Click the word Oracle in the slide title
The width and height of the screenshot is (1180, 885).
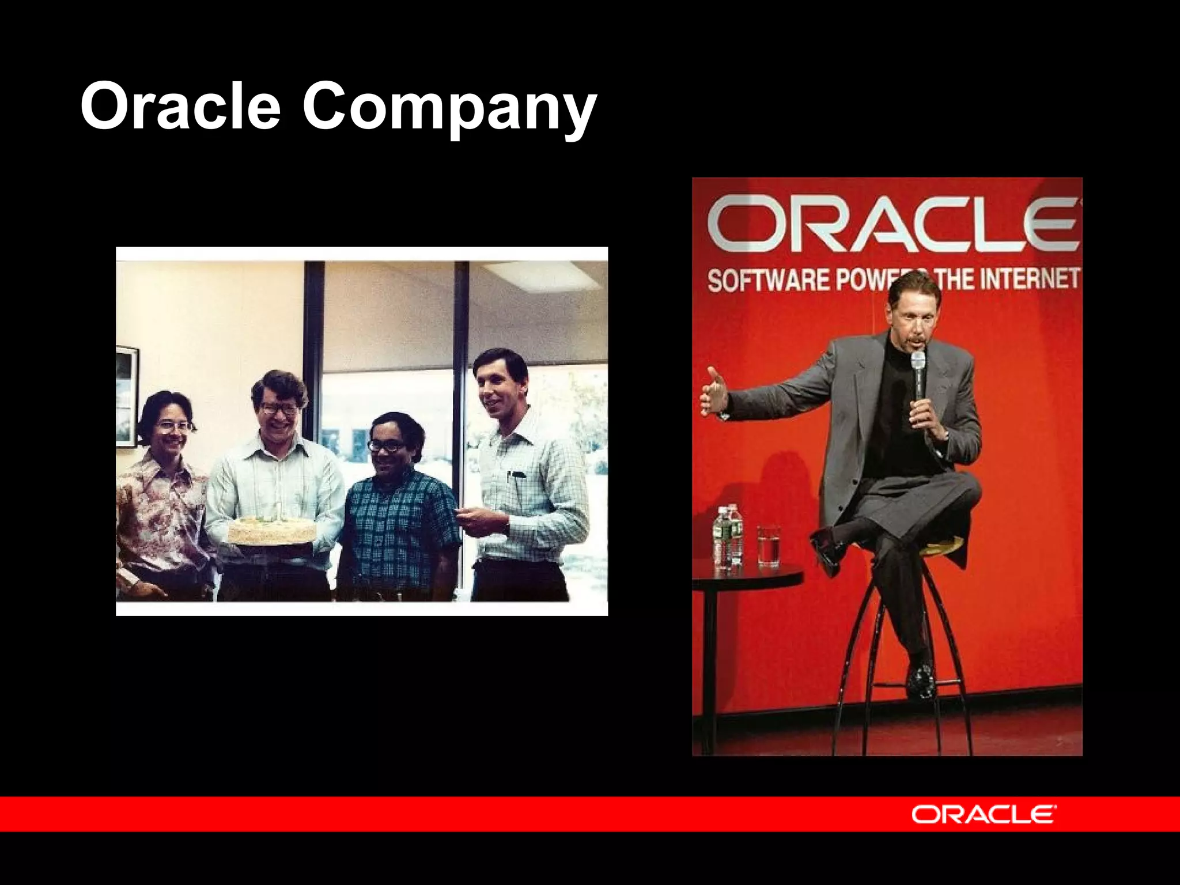pos(180,105)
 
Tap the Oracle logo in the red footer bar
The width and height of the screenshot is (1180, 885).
pos(984,814)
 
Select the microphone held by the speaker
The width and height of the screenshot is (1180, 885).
pos(917,369)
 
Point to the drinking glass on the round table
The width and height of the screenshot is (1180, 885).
pos(768,544)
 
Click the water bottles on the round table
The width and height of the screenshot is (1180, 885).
pos(728,536)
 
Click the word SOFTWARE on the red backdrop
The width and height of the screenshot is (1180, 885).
pos(769,281)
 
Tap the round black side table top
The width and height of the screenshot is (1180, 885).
pos(746,573)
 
